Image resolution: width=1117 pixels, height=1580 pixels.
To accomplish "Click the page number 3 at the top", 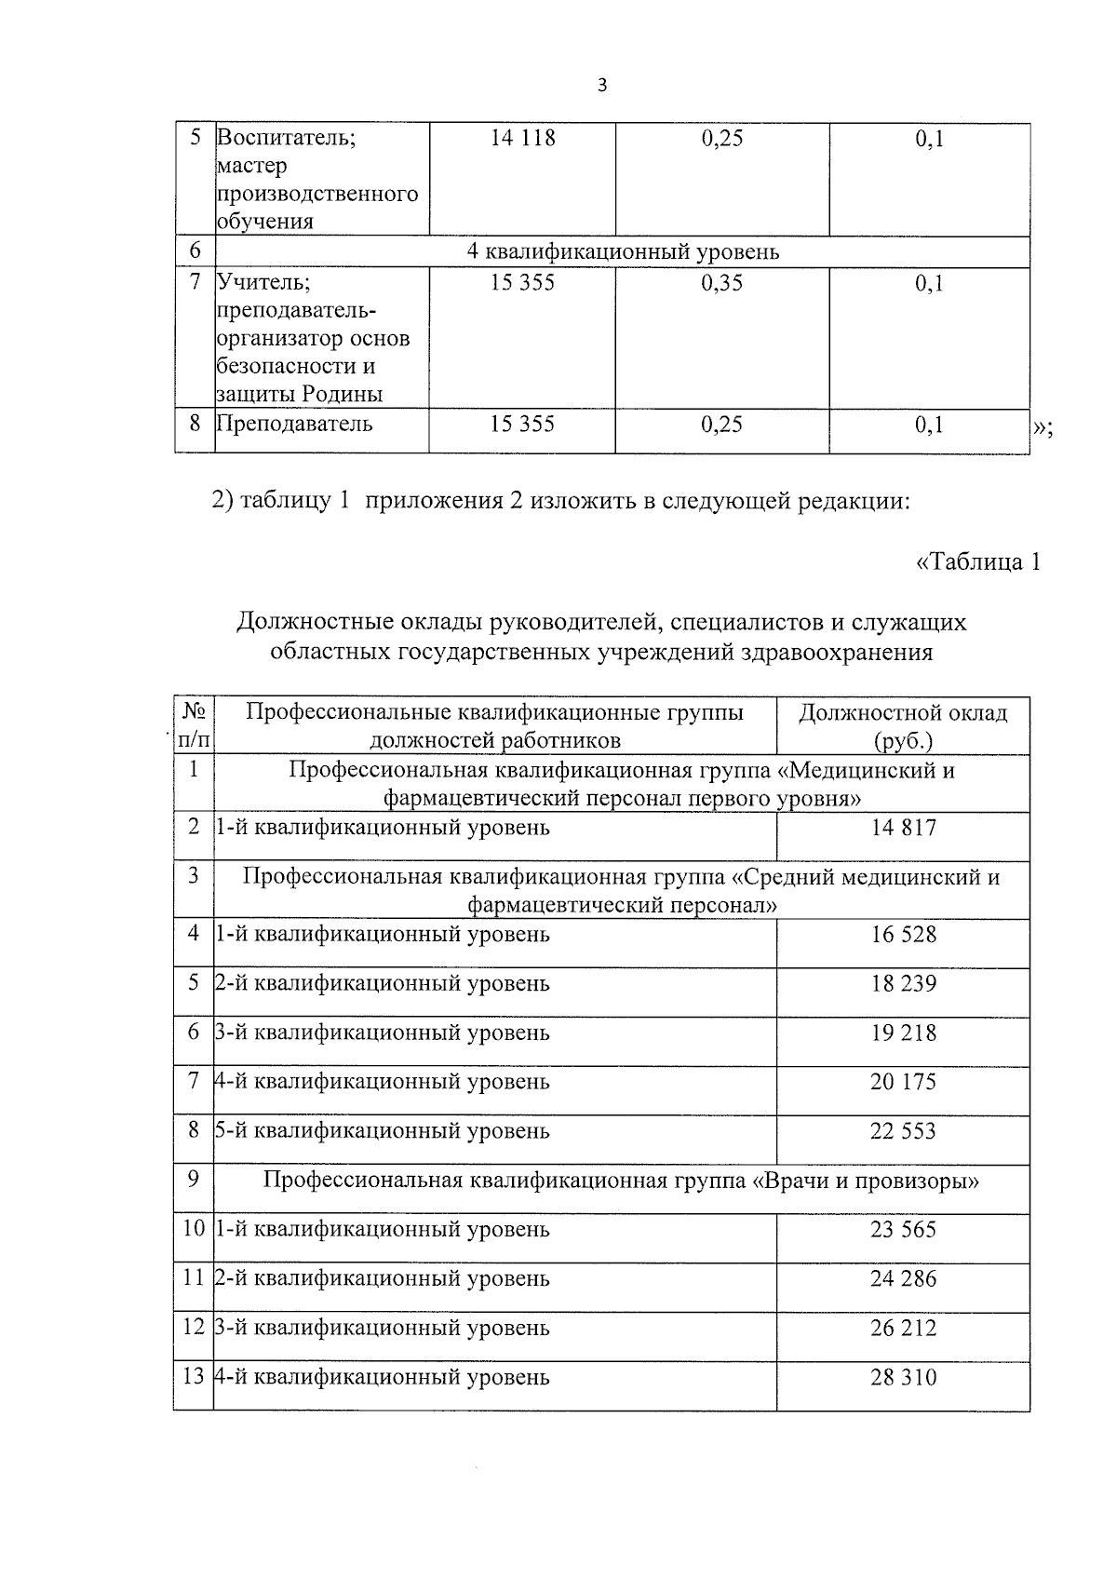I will [x=601, y=86].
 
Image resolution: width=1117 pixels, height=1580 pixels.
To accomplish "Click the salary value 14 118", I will [x=522, y=139].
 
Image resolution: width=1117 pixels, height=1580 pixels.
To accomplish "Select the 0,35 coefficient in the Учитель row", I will [x=721, y=282].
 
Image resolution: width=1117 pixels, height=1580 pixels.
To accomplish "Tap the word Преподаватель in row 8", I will [x=294, y=425].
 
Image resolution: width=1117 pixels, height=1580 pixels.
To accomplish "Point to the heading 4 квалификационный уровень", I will [x=623, y=252].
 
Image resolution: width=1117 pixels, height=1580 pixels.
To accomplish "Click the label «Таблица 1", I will [x=978, y=562].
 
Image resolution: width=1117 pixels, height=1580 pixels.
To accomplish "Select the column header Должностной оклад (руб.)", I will [x=903, y=726].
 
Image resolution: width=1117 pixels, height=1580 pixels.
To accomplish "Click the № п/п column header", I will [x=194, y=726].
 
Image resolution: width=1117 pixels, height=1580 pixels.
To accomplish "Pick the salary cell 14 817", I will [x=903, y=828].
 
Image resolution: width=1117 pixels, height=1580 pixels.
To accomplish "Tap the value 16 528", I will [x=903, y=935].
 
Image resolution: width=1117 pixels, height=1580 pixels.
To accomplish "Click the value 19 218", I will [x=903, y=1033].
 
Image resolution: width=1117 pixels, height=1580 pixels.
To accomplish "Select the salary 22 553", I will [x=903, y=1131].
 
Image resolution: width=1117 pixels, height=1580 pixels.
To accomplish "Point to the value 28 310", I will [x=903, y=1377].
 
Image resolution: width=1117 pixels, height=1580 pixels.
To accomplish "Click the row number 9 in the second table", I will [x=194, y=1179].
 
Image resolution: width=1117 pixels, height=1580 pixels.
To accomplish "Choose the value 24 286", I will [x=903, y=1278].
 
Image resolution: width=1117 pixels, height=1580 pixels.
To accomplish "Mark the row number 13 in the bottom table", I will [x=194, y=1376].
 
